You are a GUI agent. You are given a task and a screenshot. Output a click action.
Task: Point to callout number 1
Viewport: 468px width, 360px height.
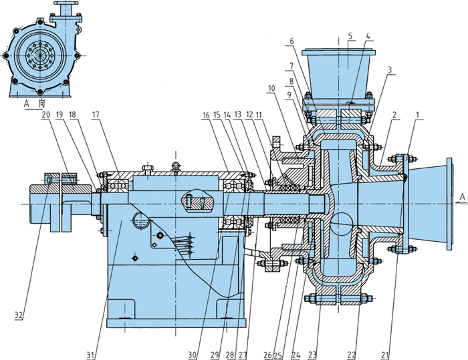pos(419,115)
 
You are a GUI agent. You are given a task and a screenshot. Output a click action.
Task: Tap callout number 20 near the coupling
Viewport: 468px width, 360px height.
pos(45,114)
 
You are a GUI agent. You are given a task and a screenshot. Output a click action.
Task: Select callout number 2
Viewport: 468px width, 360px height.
pos(395,115)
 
